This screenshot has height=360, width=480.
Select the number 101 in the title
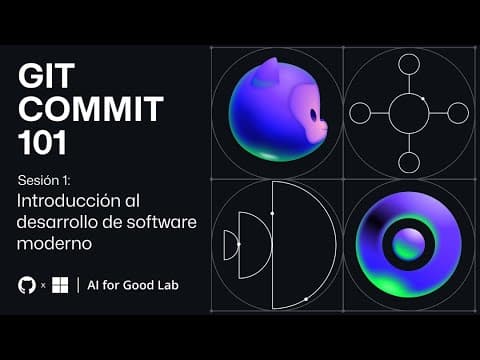42,143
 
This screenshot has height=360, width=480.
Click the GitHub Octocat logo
26,285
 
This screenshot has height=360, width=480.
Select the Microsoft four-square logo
60,285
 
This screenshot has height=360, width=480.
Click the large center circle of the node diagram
408,113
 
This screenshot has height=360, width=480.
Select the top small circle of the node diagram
408,65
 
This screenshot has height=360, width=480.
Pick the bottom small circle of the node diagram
408,162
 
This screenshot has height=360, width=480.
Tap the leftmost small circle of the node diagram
360,113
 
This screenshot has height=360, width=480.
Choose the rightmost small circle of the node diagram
458,113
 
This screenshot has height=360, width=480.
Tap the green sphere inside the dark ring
407,244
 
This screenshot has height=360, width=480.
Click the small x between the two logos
42,286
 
